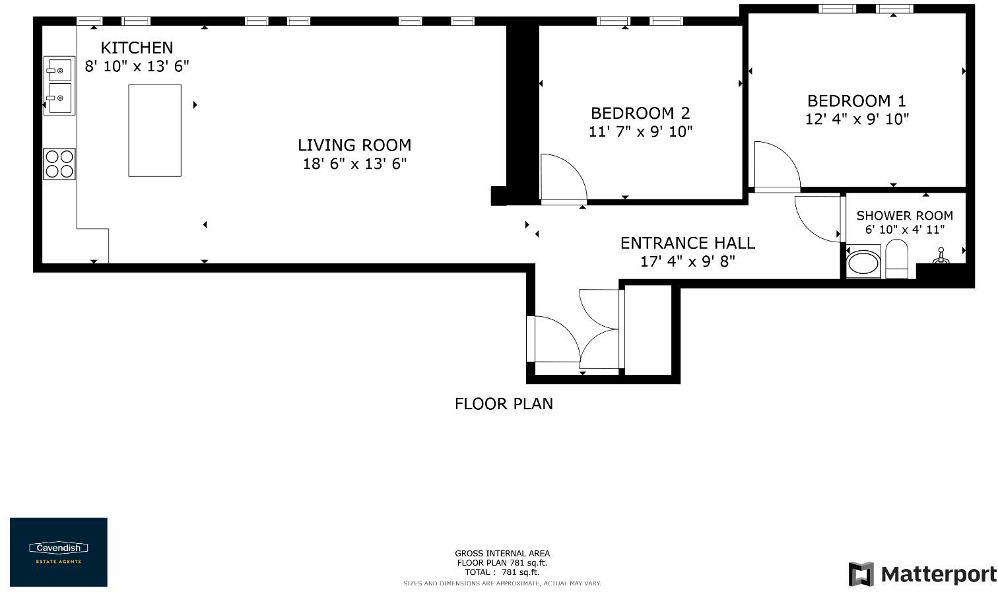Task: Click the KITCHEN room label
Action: click(x=137, y=48)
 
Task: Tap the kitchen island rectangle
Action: click(x=154, y=131)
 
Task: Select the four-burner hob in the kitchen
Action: click(x=59, y=164)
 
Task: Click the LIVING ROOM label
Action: click(x=354, y=145)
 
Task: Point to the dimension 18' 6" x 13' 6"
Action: click(x=354, y=164)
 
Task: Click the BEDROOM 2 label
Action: click(x=640, y=113)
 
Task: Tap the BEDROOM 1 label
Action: click(x=857, y=101)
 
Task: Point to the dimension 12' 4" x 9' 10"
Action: click(x=857, y=119)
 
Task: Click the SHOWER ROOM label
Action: click(x=904, y=216)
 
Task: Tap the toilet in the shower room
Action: click(x=896, y=259)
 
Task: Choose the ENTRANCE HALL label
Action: click(x=687, y=243)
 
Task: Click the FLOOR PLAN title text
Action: click(x=504, y=404)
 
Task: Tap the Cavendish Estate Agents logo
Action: click(x=59, y=552)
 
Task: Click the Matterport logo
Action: click(x=922, y=574)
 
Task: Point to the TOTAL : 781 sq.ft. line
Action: click(x=502, y=572)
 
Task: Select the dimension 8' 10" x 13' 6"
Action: click(x=137, y=66)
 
